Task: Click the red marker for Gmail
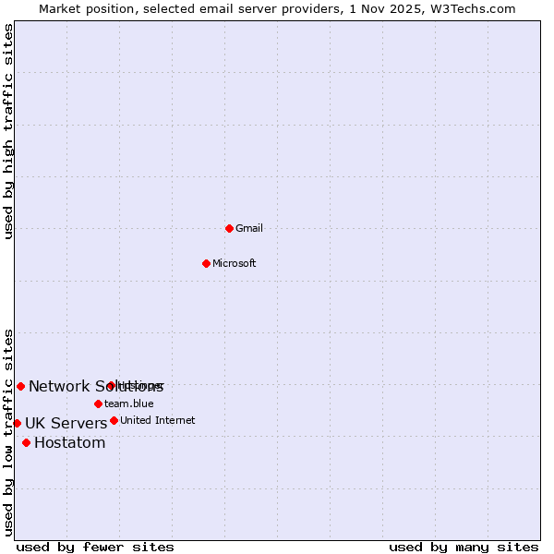coord(229,228)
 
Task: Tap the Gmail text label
coord(249,228)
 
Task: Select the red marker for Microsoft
coord(206,263)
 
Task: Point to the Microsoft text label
coord(235,263)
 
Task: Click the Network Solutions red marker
coord(20,386)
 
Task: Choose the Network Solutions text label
coord(95,387)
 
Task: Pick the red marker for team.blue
coord(98,403)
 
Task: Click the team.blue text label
coord(129,403)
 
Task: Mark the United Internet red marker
coord(114,420)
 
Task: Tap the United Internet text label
coord(158,420)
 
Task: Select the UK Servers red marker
coord(17,423)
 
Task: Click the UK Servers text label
coord(66,424)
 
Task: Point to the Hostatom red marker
coord(26,442)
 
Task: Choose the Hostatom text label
coord(70,443)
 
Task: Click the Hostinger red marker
coord(111,385)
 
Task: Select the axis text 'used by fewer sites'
coord(95,547)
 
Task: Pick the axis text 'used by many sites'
coord(464,547)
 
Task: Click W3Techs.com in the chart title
coord(470,8)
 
